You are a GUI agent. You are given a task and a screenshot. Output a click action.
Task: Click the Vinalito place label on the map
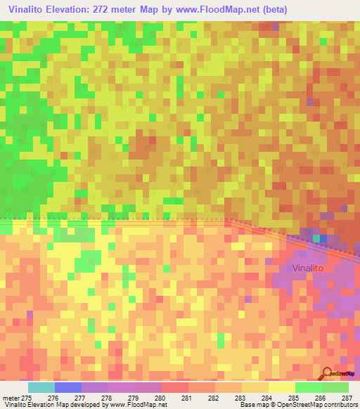point(314,268)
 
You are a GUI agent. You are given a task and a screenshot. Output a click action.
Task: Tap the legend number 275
point(26,398)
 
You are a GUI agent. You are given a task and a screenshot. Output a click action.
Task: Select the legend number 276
point(53,398)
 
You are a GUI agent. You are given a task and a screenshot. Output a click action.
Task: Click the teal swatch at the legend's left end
point(41,387)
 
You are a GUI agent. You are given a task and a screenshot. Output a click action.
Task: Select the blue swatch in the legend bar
point(68,387)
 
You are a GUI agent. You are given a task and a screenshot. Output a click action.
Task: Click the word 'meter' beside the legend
point(10,398)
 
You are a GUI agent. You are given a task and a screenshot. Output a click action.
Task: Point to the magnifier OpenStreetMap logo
point(327,372)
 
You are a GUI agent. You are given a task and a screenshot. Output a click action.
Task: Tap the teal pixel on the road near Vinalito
point(317,239)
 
